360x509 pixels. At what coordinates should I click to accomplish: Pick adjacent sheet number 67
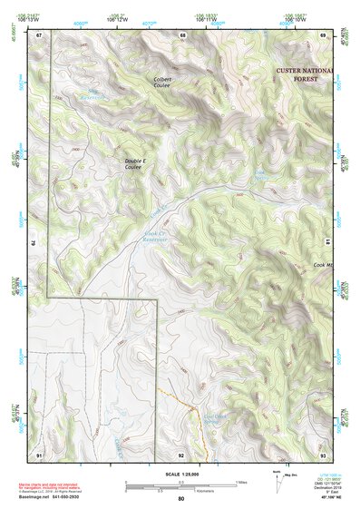pos(39,34)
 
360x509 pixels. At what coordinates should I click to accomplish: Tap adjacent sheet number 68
pos(182,34)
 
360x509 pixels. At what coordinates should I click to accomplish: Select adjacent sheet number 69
pos(323,34)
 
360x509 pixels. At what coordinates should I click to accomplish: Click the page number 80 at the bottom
pos(181,499)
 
